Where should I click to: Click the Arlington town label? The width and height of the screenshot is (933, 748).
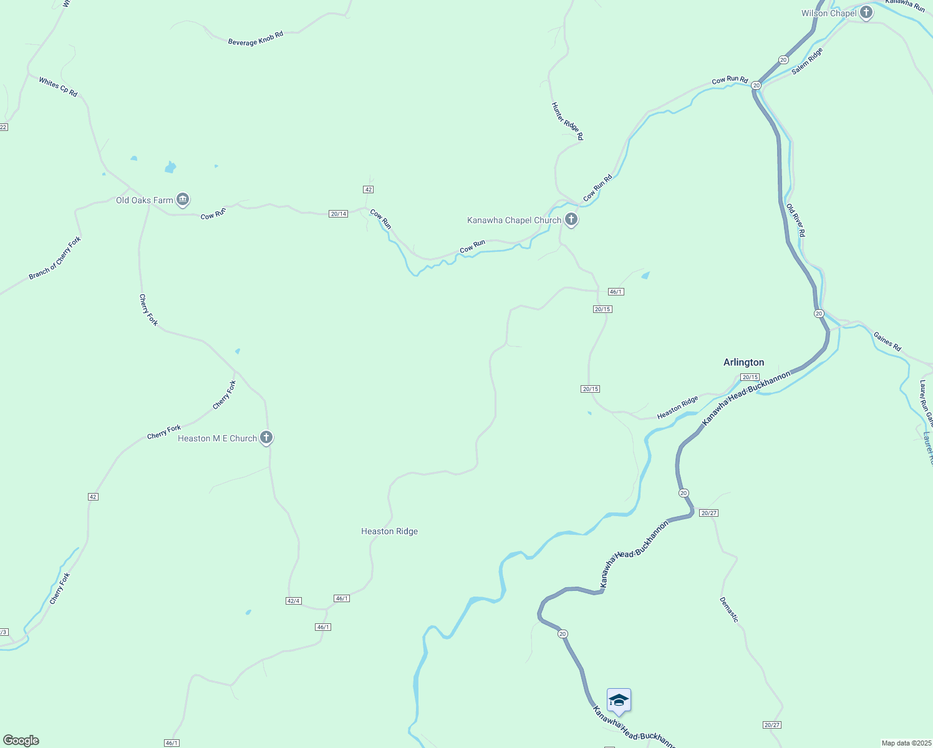click(743, 362)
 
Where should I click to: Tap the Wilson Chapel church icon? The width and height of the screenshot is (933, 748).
click(866, 12)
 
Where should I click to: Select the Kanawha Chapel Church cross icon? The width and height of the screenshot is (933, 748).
click(571, 219)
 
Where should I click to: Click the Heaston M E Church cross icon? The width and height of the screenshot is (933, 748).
click(266, 438)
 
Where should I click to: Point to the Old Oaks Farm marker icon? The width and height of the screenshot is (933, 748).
click(183, 199)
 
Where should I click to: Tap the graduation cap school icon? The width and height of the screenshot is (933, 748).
click(619, 700)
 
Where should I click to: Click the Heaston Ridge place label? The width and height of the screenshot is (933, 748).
click(389, 531)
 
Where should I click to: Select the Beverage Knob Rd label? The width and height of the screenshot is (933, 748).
click(256, 39)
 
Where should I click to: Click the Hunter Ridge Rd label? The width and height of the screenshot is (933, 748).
click(567, 121)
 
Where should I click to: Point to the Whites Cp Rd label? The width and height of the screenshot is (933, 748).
click(58, 87)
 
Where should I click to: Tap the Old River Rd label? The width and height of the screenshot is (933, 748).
click(796, 220)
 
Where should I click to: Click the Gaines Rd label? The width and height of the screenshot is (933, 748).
click(887, 342)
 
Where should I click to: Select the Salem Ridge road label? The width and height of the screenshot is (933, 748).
click(807, 61)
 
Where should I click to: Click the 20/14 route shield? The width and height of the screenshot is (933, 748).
click(338, 214)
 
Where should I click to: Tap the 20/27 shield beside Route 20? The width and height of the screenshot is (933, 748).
click(708, 513)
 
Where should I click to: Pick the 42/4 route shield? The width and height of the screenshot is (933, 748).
click(293, 601)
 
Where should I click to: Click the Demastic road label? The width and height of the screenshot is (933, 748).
click(729, 609)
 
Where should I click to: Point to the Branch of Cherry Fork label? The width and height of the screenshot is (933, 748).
click(55, 258)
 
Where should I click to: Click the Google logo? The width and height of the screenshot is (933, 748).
click(21, 741)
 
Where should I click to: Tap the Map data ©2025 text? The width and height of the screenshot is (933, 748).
click(906, 743)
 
